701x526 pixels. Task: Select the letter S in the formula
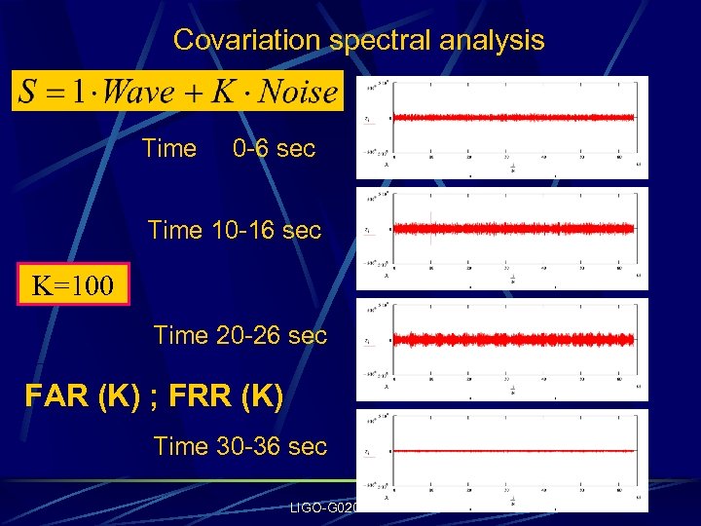click(x=29, y=93)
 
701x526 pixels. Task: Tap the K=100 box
click(x=73, y=286)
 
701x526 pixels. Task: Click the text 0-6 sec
click(x=274, y=149)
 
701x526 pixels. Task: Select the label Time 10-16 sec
click(x=234, y=231)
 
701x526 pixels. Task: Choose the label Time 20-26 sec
click(x=240, y=336)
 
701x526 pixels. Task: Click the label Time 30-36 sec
click(x=240, y=447)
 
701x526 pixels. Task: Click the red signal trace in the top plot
click(x=514, y=118)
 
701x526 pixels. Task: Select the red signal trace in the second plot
click(x=514, y=229)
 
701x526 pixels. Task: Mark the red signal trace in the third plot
click(x=514, y=340)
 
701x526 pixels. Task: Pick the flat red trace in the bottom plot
click(x=514, y=451)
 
